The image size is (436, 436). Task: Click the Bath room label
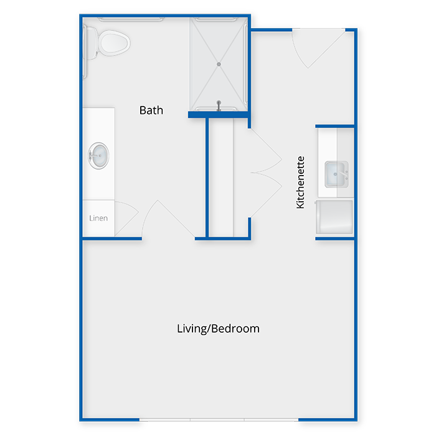(151, 110)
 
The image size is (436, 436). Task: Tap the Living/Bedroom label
(218, 329)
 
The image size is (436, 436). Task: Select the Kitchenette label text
(300, 182)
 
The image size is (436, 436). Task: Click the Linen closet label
(98, 218)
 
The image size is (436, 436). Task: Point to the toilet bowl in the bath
(115, 44)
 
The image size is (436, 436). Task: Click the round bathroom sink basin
(98, 156)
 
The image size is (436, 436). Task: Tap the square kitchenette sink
(336, 174)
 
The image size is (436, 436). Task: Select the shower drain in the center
(219, 64)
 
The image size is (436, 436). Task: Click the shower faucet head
(219, 105)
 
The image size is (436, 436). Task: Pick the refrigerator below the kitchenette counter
(334, 217)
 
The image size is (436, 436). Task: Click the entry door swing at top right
(319, 48)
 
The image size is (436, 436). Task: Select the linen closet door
(126, 219)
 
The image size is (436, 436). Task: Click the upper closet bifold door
(265, 151)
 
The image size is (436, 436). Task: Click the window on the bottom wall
(219, 420)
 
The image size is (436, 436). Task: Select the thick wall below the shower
(218, 115)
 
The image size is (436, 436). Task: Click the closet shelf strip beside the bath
(221, 178)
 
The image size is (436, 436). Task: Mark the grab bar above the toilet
(131, 19)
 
